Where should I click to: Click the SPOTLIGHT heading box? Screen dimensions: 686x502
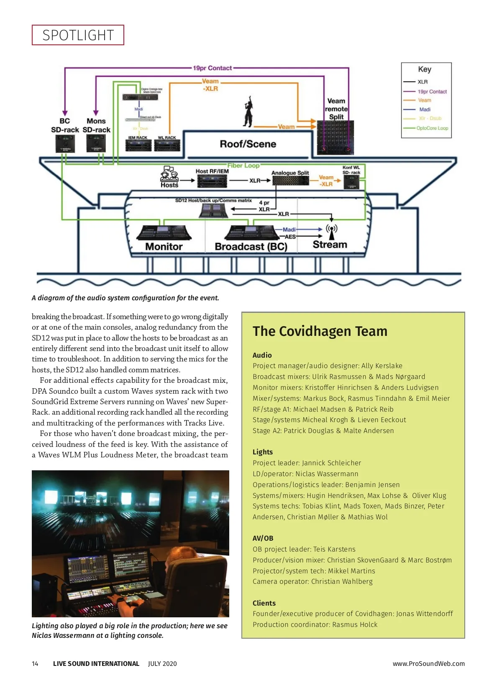(x=78, y=35)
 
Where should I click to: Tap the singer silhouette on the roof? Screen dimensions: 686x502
(x=248, y=111)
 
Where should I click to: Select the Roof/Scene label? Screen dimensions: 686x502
(x=248, y=144)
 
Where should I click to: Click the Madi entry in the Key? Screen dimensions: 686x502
(x=425, y=109)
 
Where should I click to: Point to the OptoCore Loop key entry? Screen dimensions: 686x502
(x=432, y=128)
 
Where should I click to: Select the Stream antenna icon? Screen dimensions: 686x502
(x=331, y=232)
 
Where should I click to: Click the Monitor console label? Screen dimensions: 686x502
(x=164, y=247)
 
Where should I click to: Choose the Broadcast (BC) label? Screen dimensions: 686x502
(x=251, y=247)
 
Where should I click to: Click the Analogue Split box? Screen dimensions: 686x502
(x=290, y=181)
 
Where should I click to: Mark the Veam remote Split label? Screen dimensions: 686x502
(x=336, y=109)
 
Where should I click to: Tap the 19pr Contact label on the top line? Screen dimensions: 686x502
(x=212, y=68)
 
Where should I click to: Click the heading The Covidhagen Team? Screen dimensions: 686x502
(x=320, y=331)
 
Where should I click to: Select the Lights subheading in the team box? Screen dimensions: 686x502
(x=262, y=452)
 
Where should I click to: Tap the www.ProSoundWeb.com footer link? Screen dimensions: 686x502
(x=428, y=663)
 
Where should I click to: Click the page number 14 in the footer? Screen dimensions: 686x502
(x=35, y=663)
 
